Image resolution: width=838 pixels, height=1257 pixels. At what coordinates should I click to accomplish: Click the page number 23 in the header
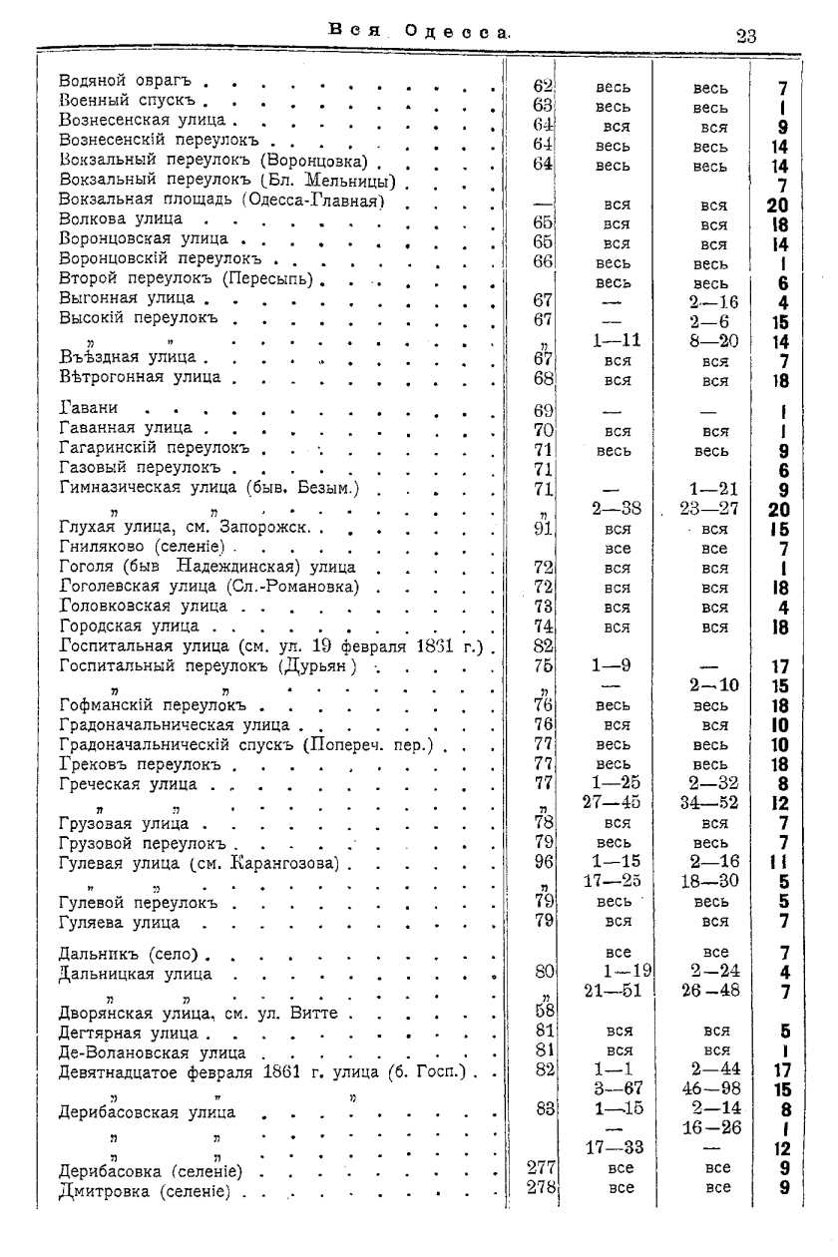coord(745,36)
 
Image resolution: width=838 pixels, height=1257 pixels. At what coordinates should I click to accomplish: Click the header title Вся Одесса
coord(419,32)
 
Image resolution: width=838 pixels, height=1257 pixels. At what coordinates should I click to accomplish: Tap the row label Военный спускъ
coord(133,101)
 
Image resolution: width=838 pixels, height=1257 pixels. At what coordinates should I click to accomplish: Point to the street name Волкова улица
coord(121,218)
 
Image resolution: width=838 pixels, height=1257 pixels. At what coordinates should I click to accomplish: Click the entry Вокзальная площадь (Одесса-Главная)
coord(222,200)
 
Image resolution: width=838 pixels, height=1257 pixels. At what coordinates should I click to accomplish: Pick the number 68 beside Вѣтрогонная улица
coord(544,378)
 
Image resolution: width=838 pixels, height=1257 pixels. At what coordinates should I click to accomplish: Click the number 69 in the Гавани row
coord(544,410)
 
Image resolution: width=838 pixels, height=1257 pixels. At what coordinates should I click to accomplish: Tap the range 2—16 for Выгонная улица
coord(713,302)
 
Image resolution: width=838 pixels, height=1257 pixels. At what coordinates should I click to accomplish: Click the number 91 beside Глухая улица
coord(544,529)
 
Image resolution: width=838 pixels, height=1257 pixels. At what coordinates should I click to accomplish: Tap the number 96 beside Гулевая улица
coord(544,861)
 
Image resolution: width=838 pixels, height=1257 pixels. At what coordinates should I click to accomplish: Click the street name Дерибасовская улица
coord(148,1111)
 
